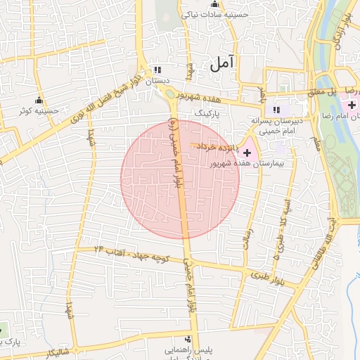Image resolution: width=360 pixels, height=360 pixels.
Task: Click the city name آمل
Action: (221, 63)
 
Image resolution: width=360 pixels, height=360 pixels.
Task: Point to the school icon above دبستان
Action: (158, 70)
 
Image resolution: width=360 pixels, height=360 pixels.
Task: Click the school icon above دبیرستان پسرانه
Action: (277, 110)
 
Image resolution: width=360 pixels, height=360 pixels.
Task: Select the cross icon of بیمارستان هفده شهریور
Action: (247, 152)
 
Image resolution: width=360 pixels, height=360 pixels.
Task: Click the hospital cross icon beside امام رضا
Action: (352, 104)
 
